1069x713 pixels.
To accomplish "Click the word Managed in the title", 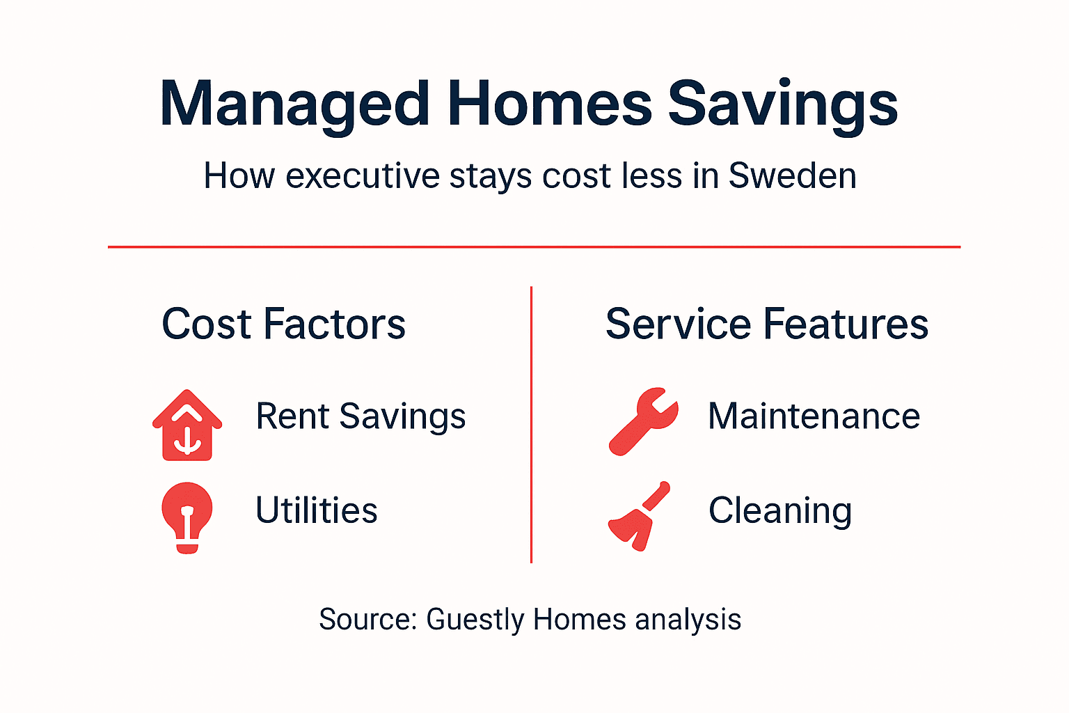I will tap(294, 104).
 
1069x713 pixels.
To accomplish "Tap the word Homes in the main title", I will tap(549, 104).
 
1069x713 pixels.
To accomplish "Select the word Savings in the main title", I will tap(783, 104).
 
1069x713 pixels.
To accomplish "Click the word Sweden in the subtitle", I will tap(792, 175).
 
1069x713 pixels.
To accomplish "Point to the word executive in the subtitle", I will tap(363, 175).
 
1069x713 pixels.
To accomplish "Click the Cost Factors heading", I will tap(283, 324).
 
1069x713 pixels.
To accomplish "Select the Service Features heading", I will tap(767, 324).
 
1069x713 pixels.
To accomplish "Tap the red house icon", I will tap(187, 425).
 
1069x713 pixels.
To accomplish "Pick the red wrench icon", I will tap(642, 421).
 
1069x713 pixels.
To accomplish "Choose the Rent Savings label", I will tap(361, 416).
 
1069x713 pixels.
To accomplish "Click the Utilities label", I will tap(317, 510).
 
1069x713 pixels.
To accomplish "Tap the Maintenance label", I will tap(814, 416).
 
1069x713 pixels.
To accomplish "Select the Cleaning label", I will tap(780, 510).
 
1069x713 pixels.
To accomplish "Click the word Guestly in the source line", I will tap(475, 619).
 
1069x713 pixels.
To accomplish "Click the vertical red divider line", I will tap(531, 425).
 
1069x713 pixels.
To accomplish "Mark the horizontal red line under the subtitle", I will tap(534, 246).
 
